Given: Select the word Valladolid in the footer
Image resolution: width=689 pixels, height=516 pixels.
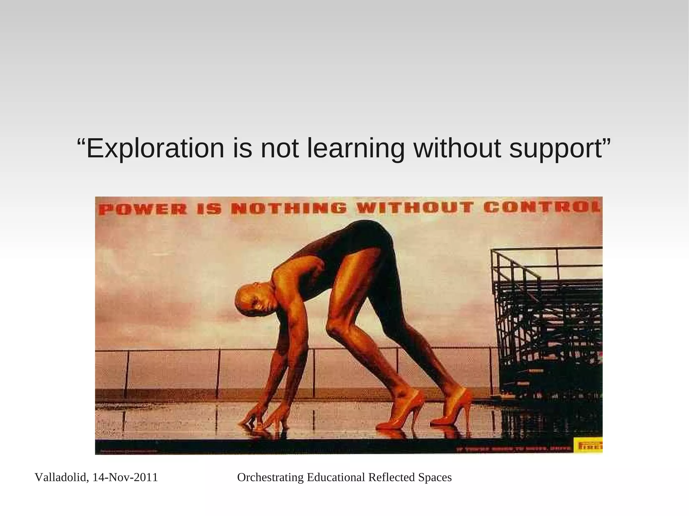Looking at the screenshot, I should point(61,477).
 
